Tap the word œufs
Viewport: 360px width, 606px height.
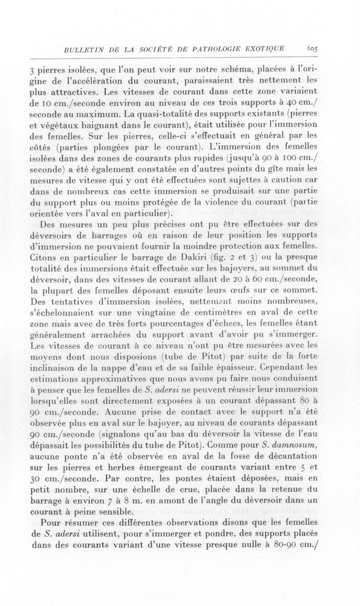(x=241, y=290)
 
